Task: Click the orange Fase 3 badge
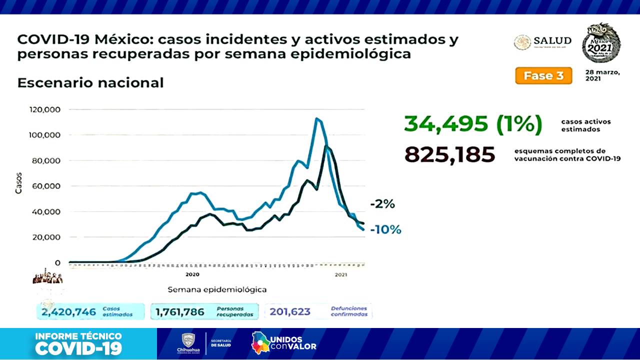tap(543, 76)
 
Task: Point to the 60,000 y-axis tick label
tap(45, 186)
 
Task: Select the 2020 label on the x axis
tap(192, 274)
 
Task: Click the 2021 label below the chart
tap(341, 274)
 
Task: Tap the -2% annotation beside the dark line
tap(382, 204)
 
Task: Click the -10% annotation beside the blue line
tap(385, 229)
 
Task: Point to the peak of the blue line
tap(316, 118)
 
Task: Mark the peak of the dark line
tap(326, 146)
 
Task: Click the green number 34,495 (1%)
tap(472, 124)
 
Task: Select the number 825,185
tap(449, 155)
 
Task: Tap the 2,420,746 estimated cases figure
tap(69, 312)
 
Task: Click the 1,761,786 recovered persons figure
tap(180, 312)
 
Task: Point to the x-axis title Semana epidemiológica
tap(216, 289)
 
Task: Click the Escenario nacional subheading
tap(90, 82)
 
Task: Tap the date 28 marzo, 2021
tap(602, 75)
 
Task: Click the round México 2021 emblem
tap(601, 43)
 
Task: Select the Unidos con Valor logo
tap(284, 342)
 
